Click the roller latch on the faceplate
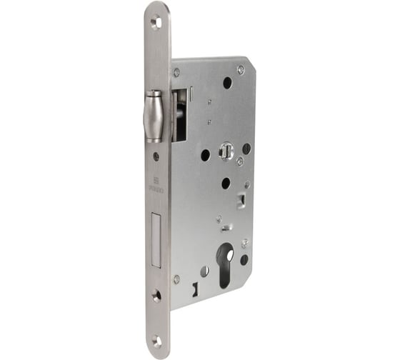pyautogui.click(x=154, y=116)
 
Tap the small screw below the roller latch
pyautogui.click(x=156, y=156)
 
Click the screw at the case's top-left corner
pyautogui.click(x=176, y=72)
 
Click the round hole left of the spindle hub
pyautogui.click(x=206, y=154)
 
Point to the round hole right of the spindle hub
pyautogui.click(x=246, y=149)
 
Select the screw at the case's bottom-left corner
pyautogui.click(x=176, y=279)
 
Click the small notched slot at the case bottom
pyautogui.click(x=194, y=289)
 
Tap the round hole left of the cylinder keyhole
pyautogui.click(x=205, y=271)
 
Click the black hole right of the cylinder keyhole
pyautogui.click(x=244, y=260)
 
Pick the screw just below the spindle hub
pyautogui.click(x=240, y=161)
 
